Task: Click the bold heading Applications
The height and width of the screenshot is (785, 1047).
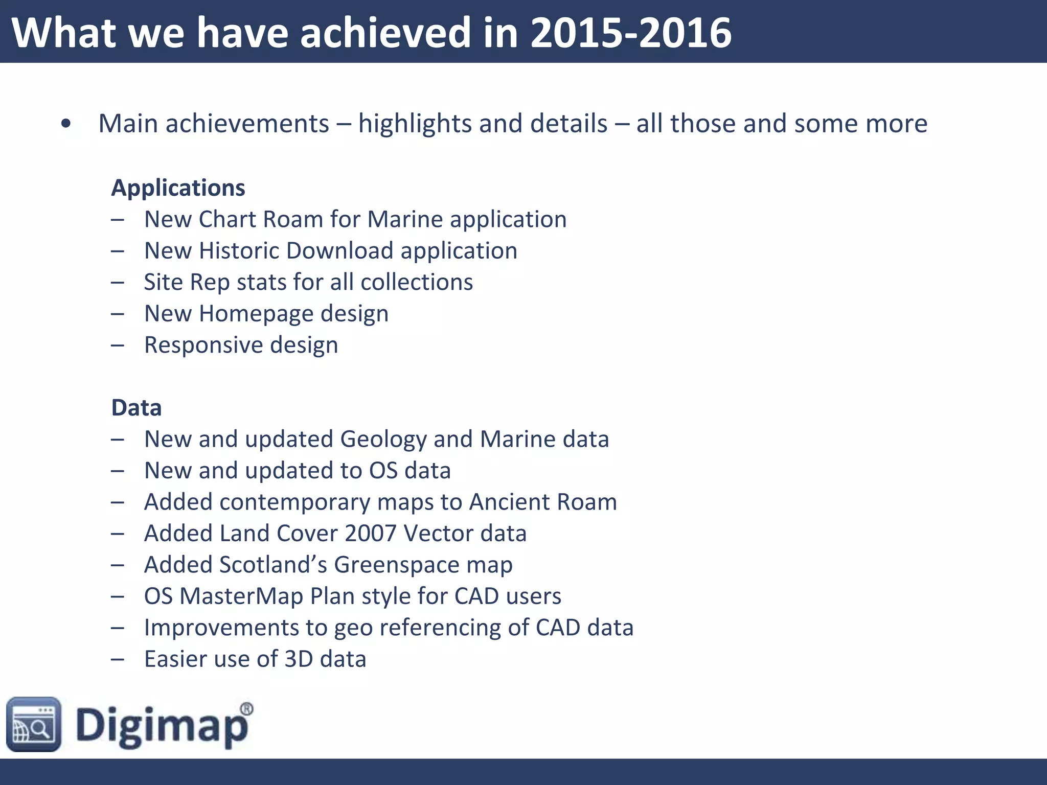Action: pyautogui.click(x=178, y=188)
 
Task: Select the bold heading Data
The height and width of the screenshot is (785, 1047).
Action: pyautogui.click(x=136, y=408)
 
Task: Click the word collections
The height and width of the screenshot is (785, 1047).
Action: pyautogui.click(x=417, y=282)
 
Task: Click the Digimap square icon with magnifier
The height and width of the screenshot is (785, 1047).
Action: pyautogui.click(x=34, y=724)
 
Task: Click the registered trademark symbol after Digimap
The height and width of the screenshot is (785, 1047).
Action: pyautogui.click(x=246, y=709)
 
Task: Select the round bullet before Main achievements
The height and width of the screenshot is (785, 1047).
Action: pyautogui.click(x=65, y=124)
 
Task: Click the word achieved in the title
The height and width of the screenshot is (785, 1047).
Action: pyautogui.click(x=384, y=33)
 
